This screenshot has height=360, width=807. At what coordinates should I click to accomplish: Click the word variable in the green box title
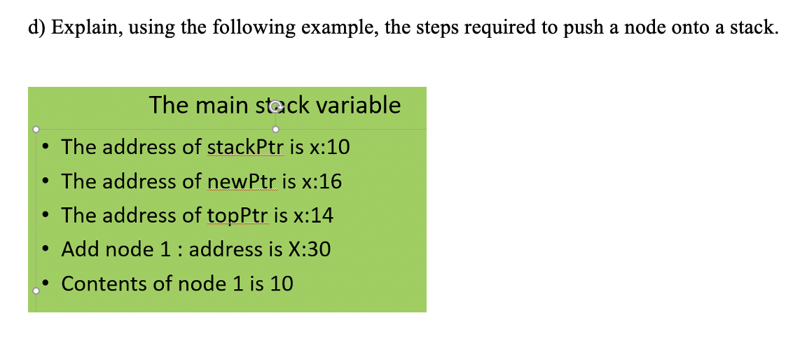(359, 105)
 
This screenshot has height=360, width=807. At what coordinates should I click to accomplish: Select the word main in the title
(221, 105)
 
